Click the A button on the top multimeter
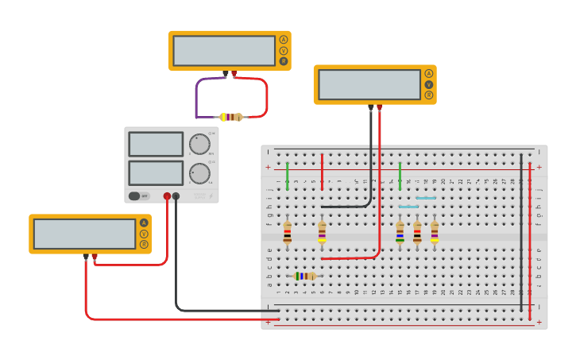(283, 40)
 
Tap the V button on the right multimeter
(429, 84)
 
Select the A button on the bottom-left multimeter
(144, 223)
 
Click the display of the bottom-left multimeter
(85, 234)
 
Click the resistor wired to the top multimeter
(231, 117)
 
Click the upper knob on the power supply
(199, 144)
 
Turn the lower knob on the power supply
(199, 172)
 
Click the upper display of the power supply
(156, 144)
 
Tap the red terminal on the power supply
(167, 196)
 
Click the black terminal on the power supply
(176, 196)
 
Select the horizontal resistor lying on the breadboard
(304, 276)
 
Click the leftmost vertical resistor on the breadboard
(287, 232)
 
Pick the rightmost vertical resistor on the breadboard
(435, 232)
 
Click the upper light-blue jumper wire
(426, 198)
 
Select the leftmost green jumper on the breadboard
(287, 176)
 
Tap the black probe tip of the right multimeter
(370, 106)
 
